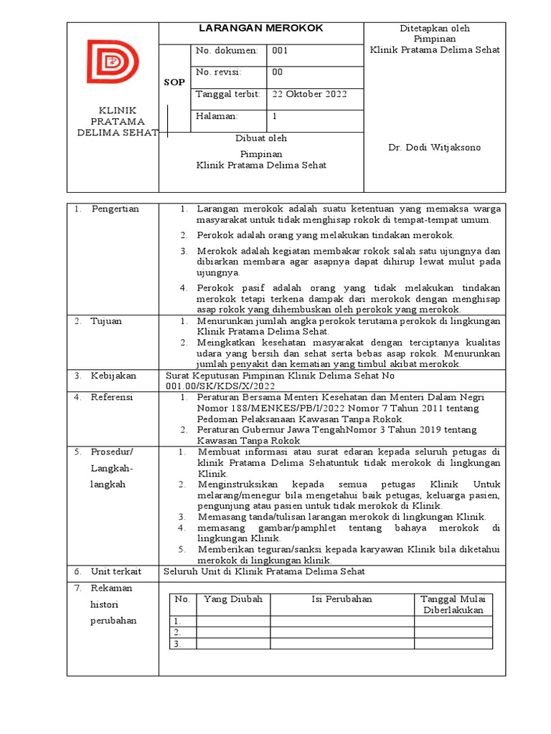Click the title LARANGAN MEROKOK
click(261, 28)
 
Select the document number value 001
click(280, 51)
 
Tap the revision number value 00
click(278, 72)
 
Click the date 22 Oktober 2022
click(309, 94)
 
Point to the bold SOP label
click(174, 82)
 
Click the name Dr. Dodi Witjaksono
click(435, 148)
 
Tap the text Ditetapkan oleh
click(435, 28)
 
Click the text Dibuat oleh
click(261, 139)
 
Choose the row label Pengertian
click(115, 209)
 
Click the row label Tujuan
click(106, 321)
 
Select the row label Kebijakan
click(113, 376)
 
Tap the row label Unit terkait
click(116, 571)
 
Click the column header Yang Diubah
click(233, 599)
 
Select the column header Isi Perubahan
click(342, 599)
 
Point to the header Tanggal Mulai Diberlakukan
click(453, 604)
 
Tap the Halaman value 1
click(275, 116)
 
